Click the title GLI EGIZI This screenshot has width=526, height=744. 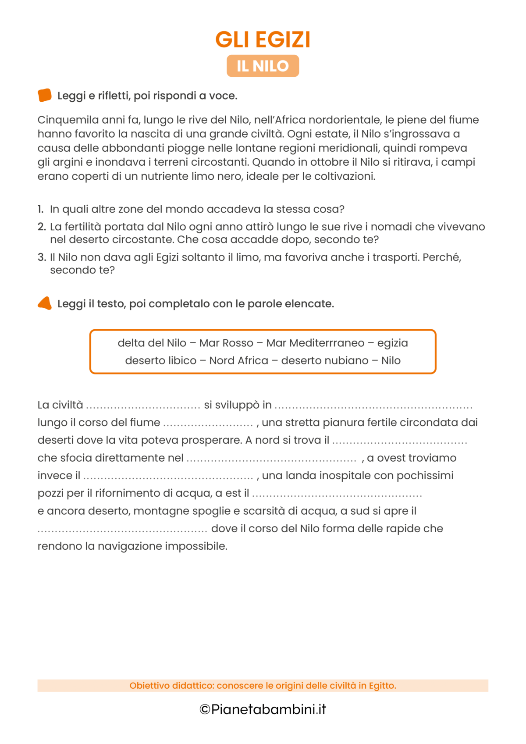coord(263,39)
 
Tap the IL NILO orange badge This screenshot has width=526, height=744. coord(263,66)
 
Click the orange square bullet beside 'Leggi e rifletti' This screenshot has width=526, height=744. coord(45,95)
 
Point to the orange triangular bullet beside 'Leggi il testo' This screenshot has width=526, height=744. coord(45,303)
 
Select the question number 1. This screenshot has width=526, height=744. coord(41,209)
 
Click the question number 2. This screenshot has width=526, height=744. coord(42,227)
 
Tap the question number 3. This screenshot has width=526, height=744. coord(42,257)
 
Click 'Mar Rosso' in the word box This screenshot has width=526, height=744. coord(226,343)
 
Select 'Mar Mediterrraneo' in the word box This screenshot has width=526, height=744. coord(315,343)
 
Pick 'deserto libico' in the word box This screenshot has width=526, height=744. coord(161,360)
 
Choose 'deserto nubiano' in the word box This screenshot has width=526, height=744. coord(325,360)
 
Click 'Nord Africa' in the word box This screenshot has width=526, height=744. coord(238,360)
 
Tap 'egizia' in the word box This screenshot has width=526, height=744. coord(392,343)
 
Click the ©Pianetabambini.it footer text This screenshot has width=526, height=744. coord(263,709)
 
